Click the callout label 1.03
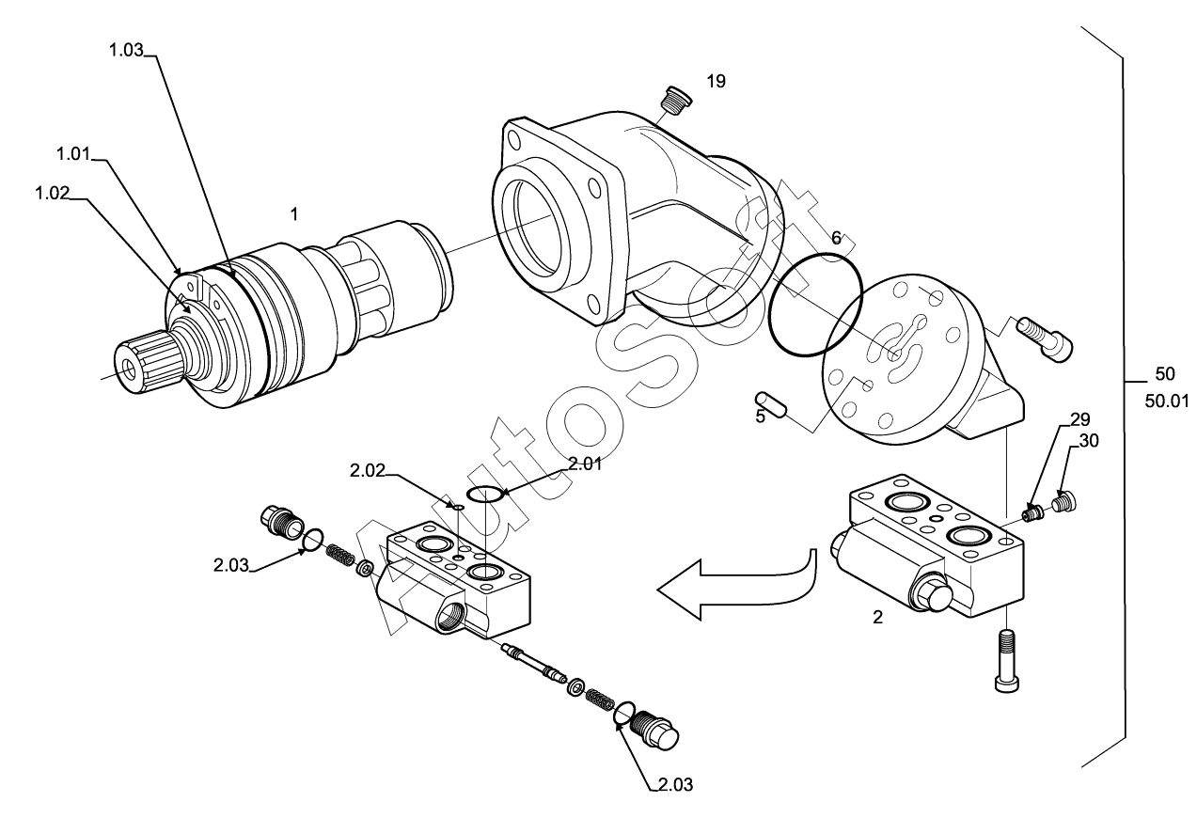[x=126, y=50]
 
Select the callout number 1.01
[x=73, y=154]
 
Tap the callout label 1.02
[x=53, y=193]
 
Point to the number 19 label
[x=717, y=81]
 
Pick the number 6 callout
[x=836, y=238]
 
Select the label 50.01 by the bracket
[x=1167, y=401]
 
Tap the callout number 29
[x=1080, y=419]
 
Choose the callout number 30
[x=1089, y=441]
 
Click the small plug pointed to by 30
[x=1063, y=502]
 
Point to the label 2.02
[x=367, y=471]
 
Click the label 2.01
[x=585, y=464]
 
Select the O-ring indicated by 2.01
[x=484, y=494]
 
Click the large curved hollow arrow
[x=737, y=584]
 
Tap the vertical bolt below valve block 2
[x=1007, y=661]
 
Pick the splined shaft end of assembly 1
[x=147, y=361]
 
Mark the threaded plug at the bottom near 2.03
[x=654, y=731]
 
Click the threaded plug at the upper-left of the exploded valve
[x=281, y=521]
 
